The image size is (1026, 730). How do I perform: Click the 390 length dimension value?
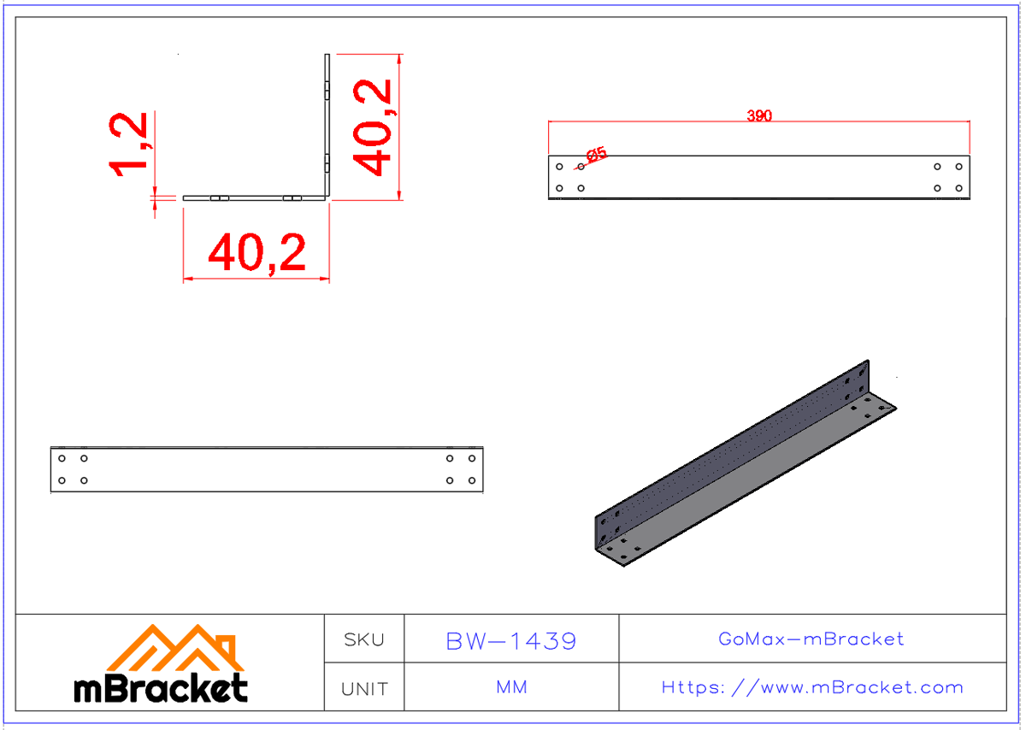coord(758,115)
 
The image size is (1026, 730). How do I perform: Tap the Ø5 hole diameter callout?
coord(596,155)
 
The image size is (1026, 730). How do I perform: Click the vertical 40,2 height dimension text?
coord(374,127)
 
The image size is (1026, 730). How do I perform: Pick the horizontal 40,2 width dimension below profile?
coord(256,253)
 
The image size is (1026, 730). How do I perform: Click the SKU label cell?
coord(363,639)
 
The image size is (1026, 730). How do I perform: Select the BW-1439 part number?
coord(511,640)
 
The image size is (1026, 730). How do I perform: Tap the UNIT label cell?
coord(363,688)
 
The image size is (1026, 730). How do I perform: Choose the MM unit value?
coord(511,687)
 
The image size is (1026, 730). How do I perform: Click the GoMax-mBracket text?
coord(811,639)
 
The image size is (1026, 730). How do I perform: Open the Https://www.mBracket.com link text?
coord(811,687)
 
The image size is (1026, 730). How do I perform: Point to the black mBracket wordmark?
coord(161,688)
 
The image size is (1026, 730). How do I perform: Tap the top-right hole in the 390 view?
coord(958,167)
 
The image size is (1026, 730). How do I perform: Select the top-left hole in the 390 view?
coord(560,167)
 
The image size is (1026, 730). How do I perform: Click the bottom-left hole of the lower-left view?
coord(62,480)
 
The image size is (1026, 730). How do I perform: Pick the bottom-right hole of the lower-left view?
coord(472,480)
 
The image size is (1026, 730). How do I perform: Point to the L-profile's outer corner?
coord(327,199)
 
